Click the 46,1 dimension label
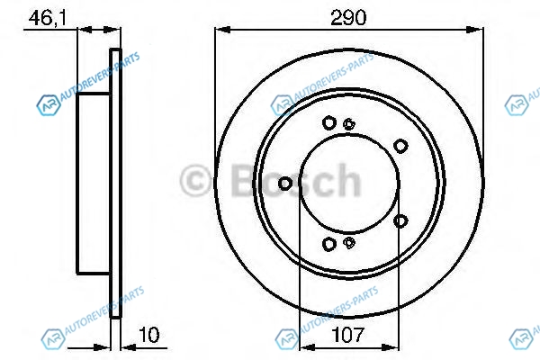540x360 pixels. pos(47,18)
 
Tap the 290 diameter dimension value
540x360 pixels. pos(348,18)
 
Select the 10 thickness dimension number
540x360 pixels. pos(149,335)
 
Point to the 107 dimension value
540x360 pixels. pos(347,335)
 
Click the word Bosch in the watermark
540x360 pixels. pos(296,181)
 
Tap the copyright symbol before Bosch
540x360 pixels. pos(195,181)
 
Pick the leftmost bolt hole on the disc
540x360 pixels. pos(285,184)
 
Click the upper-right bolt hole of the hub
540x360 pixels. pos(400,146)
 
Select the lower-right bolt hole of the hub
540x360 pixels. pos(400,220)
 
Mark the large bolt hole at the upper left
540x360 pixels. pos(329,123)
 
